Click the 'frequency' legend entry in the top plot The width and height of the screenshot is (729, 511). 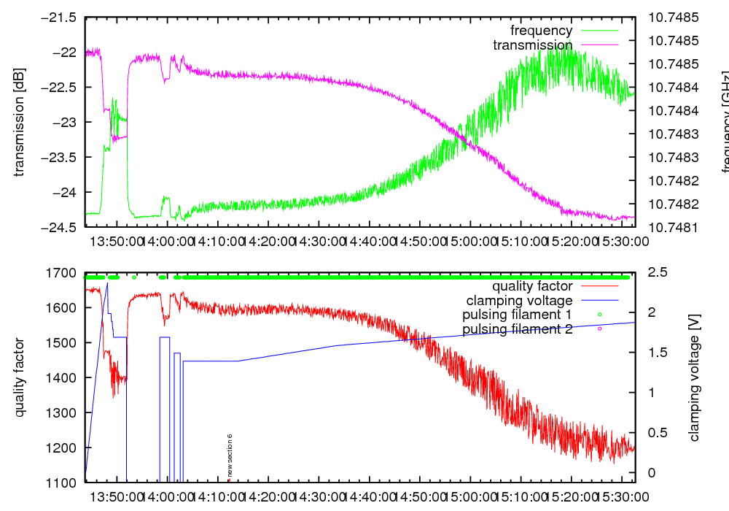pyautogui.click(x=541, y=31)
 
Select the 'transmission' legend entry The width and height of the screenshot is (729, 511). pyautogui.click(x=532, y=45)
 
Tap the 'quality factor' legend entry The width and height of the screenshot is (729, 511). pyautogui.click(x=531, y=286)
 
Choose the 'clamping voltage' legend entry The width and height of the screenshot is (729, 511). pyautogui.click(x=519, y=300)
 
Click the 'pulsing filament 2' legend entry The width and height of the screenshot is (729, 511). pyautogui.click(x=518, y=329)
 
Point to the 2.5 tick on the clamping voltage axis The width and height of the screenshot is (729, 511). pyautogui.click(x=657, y=273)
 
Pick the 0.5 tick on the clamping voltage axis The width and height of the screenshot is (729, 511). pyautogui.click(x=657, y=433)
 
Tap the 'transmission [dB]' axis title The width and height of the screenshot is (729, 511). pyautogui.click(x=19, y=122)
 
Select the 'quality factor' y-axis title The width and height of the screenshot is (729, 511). pyautogui.click(x=19, y=377)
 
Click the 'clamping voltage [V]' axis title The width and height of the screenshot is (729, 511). pyautogui.click(x=694, y=377)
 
